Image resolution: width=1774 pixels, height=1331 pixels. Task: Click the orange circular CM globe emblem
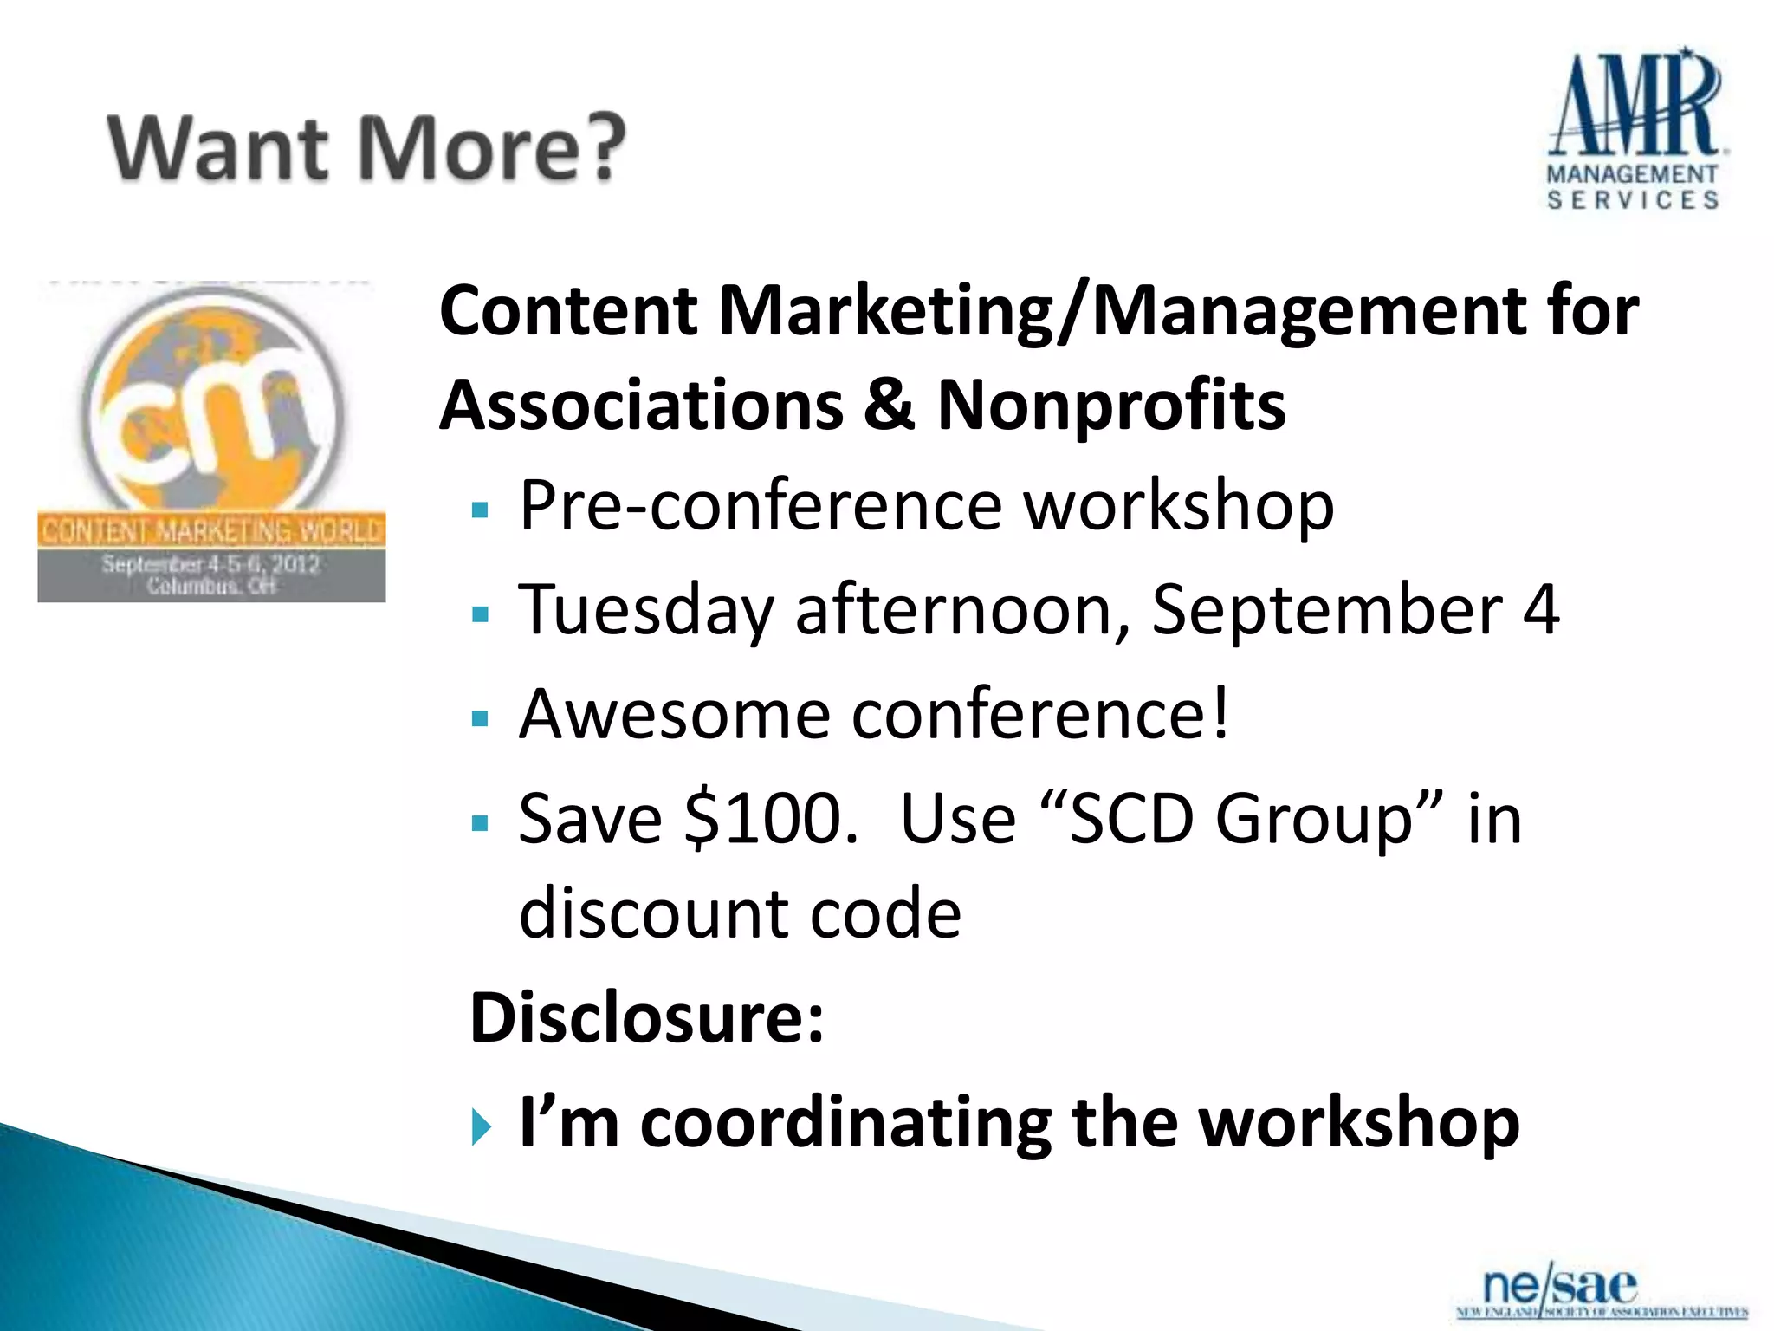pyautogui.click(x=213, y=402)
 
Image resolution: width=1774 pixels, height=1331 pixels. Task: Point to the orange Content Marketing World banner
pyautogui.click(x=211, y=530)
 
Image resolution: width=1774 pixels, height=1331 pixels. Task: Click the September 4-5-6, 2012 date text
pyautogui.click(x=211, y=564)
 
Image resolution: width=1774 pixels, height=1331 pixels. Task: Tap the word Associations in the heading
pyautogui.click(x=641, y=406)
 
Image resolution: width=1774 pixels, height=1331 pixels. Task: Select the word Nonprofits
pyautogui.click(x=1111, y=406)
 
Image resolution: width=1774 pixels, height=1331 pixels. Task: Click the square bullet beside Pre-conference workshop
pyautogui.click(x=481, y=510)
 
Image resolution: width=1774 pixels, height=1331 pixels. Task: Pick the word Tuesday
pyautogui.click(x=644, y=610)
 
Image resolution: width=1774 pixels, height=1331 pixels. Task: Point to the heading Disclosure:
pyautogui.click(x=646, y=1017)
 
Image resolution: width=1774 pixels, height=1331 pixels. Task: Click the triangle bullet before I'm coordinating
pyautogui.click(x=482, y=1127)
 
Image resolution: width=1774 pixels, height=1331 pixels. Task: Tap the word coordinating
pyautogui.click(x=845, y=1123)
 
